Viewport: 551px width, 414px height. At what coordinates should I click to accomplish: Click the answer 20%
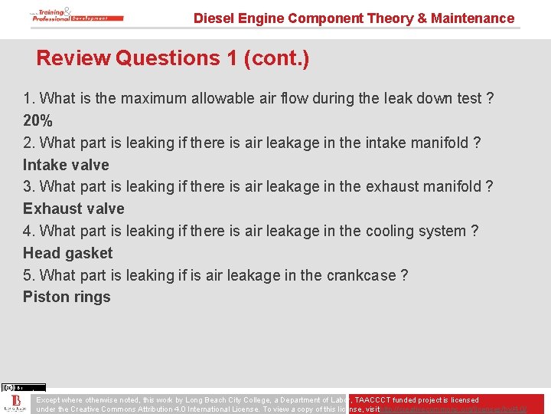tap(37, 120)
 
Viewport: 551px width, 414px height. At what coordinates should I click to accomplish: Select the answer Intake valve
tap(66, 165)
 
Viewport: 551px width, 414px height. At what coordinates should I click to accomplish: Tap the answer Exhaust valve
tap(73, 209)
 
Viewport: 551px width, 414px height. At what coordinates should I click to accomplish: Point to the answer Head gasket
tap(67, 253)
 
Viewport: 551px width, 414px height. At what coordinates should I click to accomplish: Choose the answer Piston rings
tap(67, 297)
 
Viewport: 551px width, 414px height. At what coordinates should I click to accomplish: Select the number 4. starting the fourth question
tap(29, 231)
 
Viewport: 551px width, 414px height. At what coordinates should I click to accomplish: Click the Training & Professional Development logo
tap(70, 15)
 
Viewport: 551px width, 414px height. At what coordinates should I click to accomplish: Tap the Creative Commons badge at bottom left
tap(23, 387)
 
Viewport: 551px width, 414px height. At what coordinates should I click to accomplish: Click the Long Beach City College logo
tap(15, 404)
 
